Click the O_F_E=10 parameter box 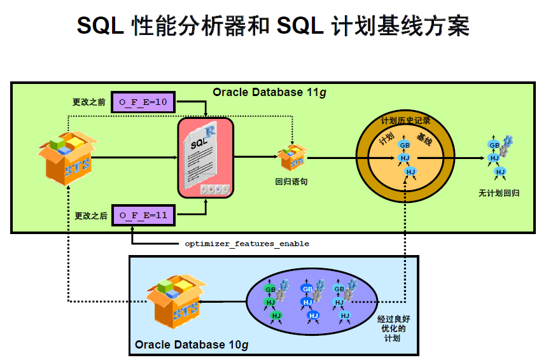click(143, 102)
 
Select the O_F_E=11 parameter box click(143, 215)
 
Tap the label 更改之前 click(89, 102)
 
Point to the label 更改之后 click(89, 216)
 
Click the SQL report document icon click(205, 156)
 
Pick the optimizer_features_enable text click(247, 244)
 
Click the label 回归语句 click(291, 181)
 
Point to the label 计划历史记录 click(405, 120)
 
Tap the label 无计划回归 click(499, 191)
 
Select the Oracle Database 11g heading click(269, 92)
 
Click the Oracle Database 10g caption click(191, 345)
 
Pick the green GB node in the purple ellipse click(270, 289)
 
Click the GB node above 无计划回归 click(494, 145)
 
